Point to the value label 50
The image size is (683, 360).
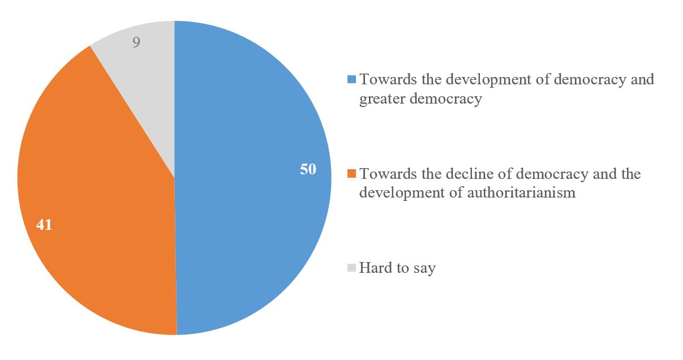point(308,169)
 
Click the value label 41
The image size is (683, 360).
point(44,225)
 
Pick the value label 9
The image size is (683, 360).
point(136,42)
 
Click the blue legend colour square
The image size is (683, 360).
point(351,80)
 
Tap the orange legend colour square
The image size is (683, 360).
point(351,173)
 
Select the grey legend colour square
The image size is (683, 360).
point(351,268)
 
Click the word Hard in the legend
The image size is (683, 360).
point(376,267)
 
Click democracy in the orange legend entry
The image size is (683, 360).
point(540,173)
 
